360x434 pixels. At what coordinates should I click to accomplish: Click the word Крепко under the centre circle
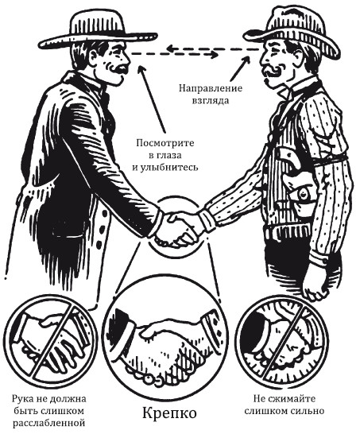(169, 414)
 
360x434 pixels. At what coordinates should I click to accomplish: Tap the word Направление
(211, 88)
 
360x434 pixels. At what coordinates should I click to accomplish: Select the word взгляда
(211, 100)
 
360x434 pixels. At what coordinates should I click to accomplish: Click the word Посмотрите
(165, 143)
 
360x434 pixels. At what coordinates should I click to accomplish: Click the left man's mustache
(118, 69)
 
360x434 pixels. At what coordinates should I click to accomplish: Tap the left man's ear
(94, 56)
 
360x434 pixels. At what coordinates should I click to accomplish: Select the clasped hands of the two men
(177, 229)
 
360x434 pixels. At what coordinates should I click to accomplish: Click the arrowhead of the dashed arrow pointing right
(214, 55)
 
